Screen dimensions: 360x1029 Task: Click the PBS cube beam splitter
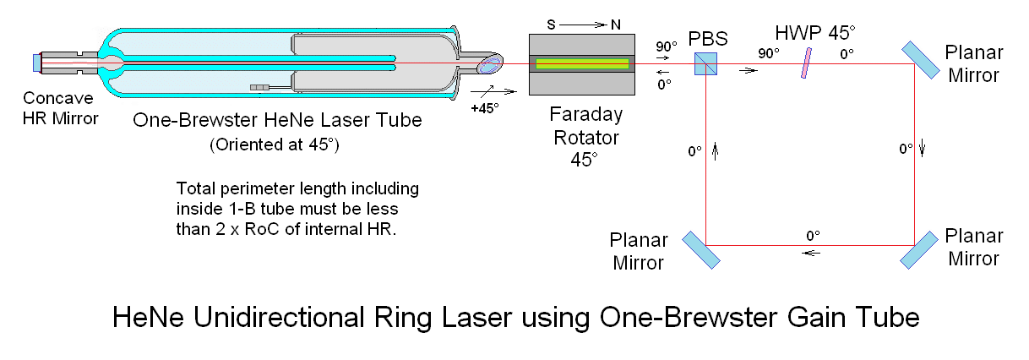[706, 63]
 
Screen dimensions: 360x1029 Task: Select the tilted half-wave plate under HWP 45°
[808, 63]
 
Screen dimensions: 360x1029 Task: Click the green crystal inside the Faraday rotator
[581, 63]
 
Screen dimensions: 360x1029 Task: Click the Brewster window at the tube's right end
[490, 63]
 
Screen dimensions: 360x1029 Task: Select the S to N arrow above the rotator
[581, 23]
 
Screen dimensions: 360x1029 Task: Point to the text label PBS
[705, 38]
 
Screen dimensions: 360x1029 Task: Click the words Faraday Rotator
[580, 124]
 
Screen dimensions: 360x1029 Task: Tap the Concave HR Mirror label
[60, 107]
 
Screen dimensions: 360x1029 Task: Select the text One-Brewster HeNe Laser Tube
[277, 120]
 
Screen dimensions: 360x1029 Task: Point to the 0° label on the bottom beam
[814, 235]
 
